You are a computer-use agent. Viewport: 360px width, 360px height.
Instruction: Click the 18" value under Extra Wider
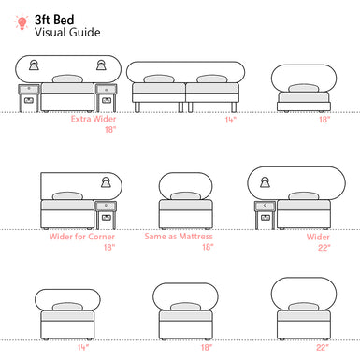pos(110,131)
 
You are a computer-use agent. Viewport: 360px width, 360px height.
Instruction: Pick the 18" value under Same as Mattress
pos(207,248)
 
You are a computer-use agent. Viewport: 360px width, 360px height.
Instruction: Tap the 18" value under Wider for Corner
pos(110,248)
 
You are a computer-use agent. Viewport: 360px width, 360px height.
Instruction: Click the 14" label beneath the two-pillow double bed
pos(229,120)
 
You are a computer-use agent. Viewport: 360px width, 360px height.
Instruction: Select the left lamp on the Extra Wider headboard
pos(35,65)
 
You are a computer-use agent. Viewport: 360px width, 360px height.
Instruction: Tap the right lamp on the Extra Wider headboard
pos(102,65)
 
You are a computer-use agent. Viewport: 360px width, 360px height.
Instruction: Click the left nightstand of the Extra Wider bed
pos(27,97)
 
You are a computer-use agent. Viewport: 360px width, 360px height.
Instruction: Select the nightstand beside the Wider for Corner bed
pos(106,214)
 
